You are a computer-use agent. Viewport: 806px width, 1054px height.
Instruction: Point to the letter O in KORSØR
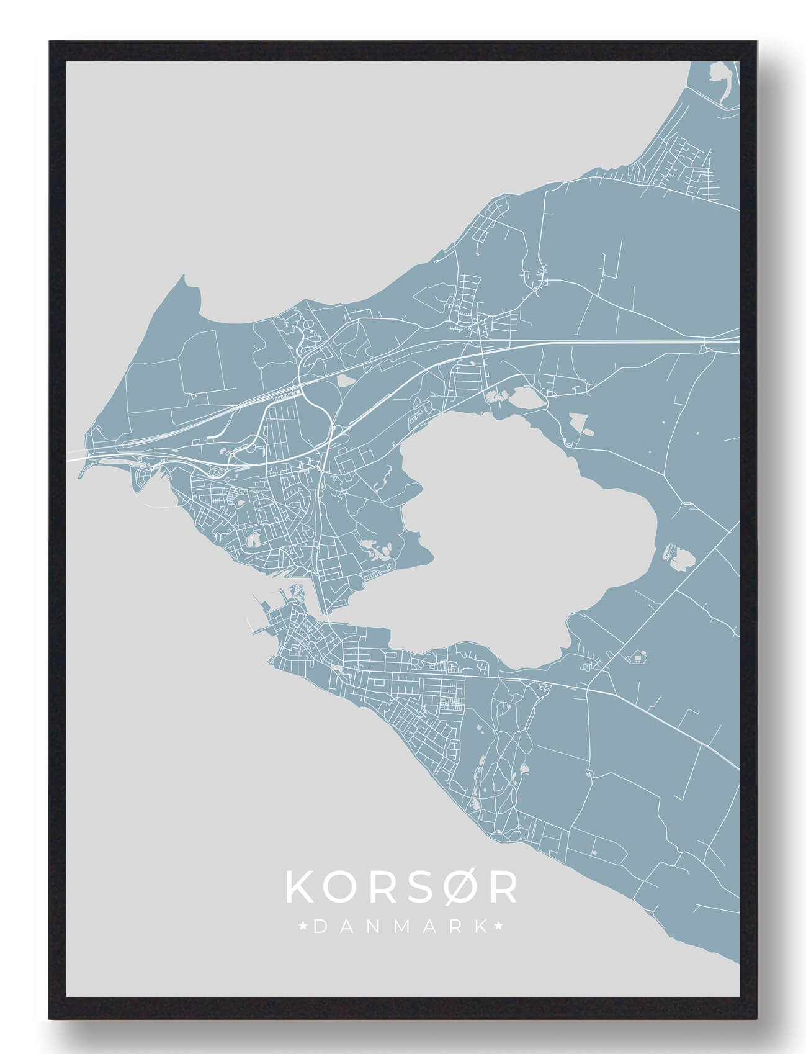339,888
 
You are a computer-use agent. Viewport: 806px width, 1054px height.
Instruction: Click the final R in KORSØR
501,888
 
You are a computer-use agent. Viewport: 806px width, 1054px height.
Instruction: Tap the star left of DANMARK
303,927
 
